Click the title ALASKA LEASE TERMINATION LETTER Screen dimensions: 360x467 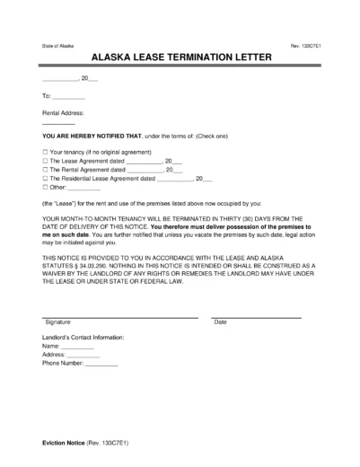click(x=180, y=56)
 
